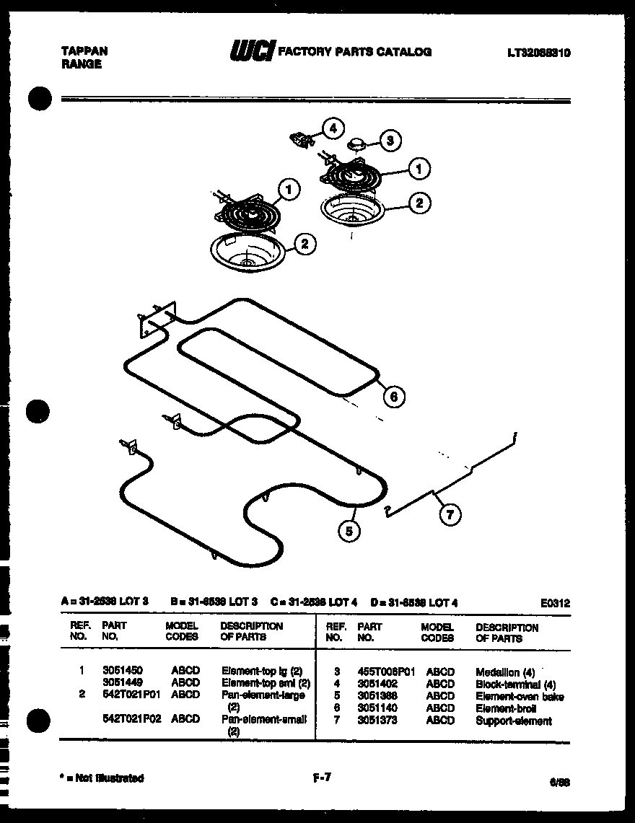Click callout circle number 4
tap(332, 128)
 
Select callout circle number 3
tap(390, 141)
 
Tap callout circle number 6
tap(393, 396)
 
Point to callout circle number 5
tap(349, 532)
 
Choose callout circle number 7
tap(450, 514)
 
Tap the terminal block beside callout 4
tap(301, 138)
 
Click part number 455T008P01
tap(386, 671)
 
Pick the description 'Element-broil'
tap(506, 708)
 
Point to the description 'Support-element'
tap(513, 721)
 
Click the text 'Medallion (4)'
tap(505, 672)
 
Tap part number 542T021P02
tap(131, 719)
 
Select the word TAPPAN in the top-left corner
tap(84, 51)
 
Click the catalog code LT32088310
tap(539, 52)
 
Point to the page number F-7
tap(321, 778)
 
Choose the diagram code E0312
tap(554, 603)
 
